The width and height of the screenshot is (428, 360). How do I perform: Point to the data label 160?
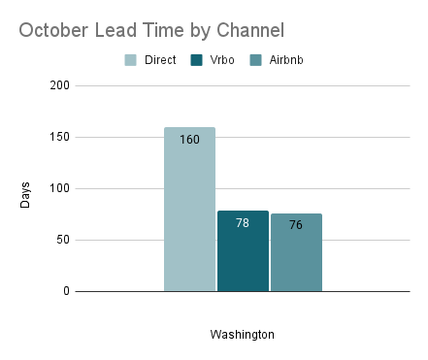pos(189,140)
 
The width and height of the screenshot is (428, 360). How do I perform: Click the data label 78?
pos(243,223)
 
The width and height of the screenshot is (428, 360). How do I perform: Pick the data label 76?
pos(296,225)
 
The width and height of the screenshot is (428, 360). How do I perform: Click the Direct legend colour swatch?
pos(130,60)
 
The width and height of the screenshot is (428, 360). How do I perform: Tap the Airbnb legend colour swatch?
pos(255,60)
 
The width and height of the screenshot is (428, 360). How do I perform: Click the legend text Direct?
pos(159,60)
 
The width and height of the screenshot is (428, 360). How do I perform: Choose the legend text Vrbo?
pos(221,60)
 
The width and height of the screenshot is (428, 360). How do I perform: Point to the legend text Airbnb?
pos(286,60)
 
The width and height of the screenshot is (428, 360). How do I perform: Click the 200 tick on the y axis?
pos(59,85)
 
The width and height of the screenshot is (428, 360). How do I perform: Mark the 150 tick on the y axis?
pos(59,137)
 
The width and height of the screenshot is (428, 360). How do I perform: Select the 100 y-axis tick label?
pos(59,188)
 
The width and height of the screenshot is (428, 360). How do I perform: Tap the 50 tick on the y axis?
pos(62,240)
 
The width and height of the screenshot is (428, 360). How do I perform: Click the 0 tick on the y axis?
pos(66,291)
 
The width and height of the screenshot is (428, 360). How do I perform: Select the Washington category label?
pos(243,335)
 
